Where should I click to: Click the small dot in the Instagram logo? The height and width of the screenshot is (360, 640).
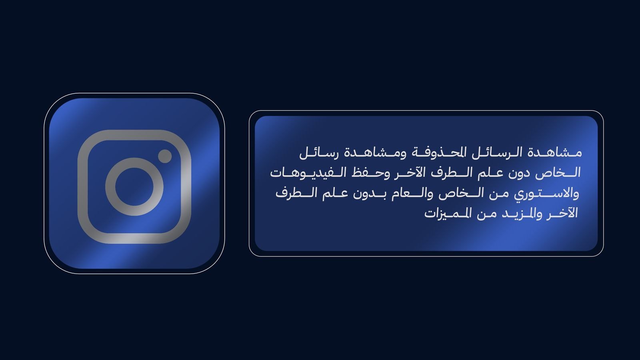click(x=165, y=156)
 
